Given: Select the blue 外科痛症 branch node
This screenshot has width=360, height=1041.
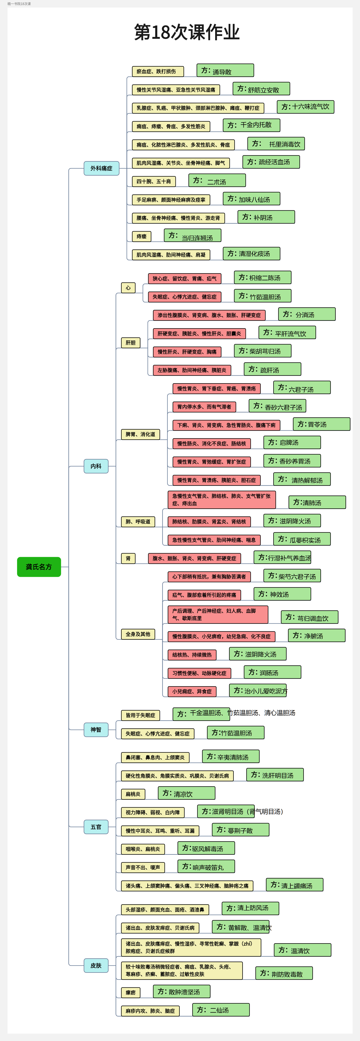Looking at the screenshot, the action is (x=101, y=168).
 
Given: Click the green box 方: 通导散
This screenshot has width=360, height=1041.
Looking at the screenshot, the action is (x=225, y=70).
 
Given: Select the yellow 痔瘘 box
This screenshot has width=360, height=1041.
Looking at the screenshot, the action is (x=141, y=236).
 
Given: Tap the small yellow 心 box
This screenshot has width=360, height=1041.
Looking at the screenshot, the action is (x=128, y=288).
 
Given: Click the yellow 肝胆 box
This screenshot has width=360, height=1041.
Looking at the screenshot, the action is (x=131, y=343).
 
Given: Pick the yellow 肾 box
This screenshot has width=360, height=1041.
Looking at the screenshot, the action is (x=128, y=558).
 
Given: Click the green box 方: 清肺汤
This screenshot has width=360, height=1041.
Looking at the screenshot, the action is (x=317, y=502).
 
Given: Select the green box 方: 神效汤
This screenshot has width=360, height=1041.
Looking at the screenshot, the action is (x=282, y=594).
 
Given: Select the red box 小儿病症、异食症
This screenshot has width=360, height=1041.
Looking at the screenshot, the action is (x=192, y=691).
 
